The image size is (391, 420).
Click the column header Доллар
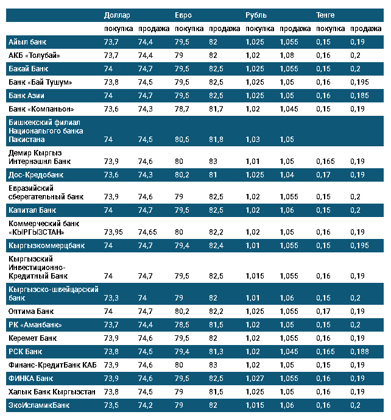[x=118, y=15]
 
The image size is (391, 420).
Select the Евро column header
[x=185, y=15]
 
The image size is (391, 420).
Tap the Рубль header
[x=256, y=15]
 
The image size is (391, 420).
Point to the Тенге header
[x=326, y=15]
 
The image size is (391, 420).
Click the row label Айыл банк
[x=27, y=41]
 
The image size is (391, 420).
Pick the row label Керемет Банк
[x=33, y=338]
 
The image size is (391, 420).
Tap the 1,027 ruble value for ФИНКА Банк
[x=255, y=379]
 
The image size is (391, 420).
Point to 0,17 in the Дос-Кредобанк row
[x=323, y=175]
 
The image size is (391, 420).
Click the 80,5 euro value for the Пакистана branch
[x=183, y=140]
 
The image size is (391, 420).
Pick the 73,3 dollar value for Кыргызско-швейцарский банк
[x=111, y=298]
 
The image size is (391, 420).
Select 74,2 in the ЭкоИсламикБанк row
[x=145, y=405]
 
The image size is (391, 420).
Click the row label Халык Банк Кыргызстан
[x=52, y=392]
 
